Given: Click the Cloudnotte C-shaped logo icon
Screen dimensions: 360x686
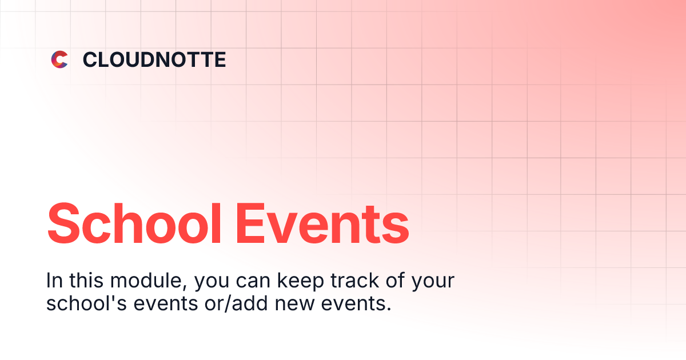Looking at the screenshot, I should coord(59,59).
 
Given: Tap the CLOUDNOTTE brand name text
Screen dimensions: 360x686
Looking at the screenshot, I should coord(154,59).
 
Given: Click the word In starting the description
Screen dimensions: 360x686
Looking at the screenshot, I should coord(54,281).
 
